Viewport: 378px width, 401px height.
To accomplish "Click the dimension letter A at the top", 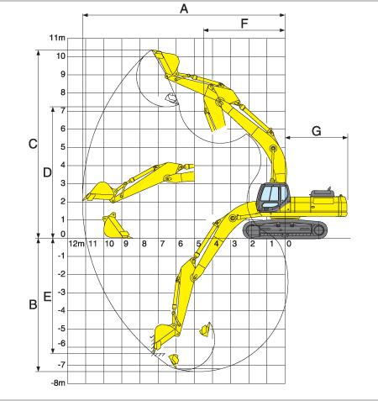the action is (x=184, y=8).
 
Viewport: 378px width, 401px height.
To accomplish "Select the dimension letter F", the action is (x=244, y=24).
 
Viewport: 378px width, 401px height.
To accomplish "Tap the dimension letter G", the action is (x=317, y=131).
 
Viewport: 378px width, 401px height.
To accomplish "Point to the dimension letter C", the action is (x=33, y=144).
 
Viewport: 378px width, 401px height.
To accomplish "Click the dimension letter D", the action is (x=47, y=172).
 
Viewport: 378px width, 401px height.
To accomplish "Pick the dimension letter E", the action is (x=47, y=297).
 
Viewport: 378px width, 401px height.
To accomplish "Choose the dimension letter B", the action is (x=33, y=304).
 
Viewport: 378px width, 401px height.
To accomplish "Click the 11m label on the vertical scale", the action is (x=57, y=38).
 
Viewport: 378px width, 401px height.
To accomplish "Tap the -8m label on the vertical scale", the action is (x=58, y=383).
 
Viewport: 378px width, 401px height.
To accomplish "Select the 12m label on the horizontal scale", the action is (x=76, y=244).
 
